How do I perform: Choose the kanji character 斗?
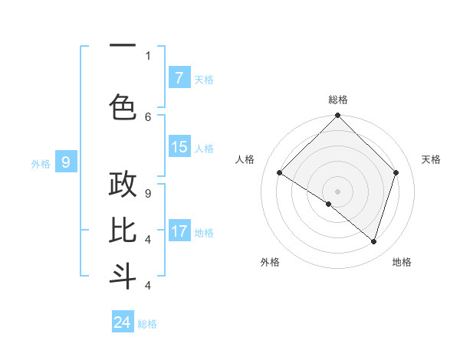123,276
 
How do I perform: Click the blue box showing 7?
179,78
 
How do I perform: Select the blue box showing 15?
179,147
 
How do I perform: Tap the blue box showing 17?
179,231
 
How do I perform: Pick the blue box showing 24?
123,322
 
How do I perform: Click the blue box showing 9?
66,162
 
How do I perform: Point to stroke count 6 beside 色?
148,117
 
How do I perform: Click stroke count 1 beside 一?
148,55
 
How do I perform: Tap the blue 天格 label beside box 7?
204,79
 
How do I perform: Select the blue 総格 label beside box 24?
147,324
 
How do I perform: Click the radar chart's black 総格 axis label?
337,100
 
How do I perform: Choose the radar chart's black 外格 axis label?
270,262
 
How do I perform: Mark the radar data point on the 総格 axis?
337,116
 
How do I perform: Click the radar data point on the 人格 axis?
280,172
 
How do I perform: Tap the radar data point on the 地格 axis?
373,241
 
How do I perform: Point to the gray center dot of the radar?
337,191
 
